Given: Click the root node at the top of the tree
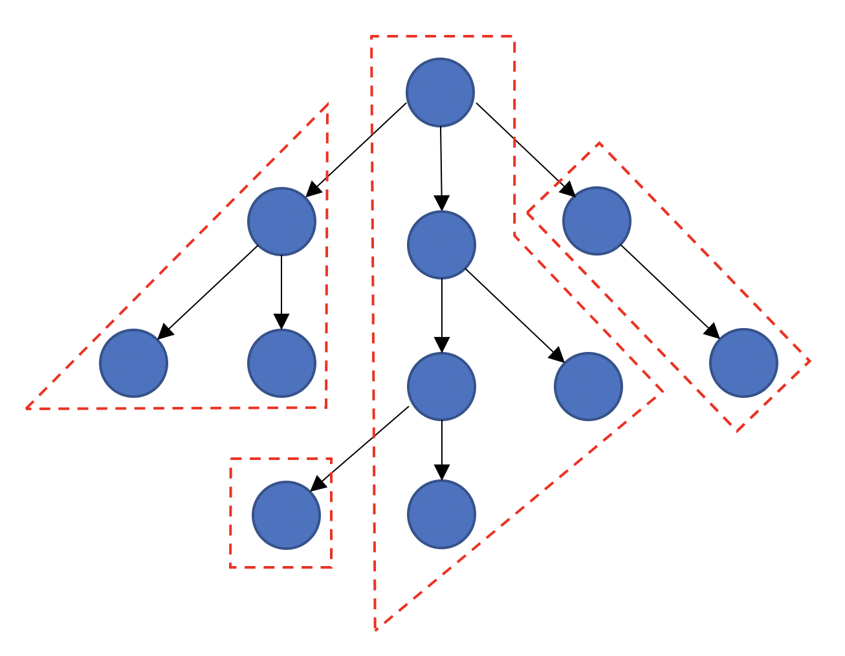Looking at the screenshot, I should click(440, 92).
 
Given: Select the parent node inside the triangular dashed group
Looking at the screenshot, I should click(281, 221).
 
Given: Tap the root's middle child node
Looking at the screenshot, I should click(441, 245).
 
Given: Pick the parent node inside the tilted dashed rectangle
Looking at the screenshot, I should click(597, 221).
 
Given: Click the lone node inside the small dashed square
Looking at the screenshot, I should click(286, 515).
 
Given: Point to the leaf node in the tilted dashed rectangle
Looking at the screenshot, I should click(743, 363).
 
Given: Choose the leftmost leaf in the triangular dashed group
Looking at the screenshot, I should click(133, 363).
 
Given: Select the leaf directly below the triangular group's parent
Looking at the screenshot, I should click(281, 363).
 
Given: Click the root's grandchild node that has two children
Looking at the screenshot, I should click(441, 386).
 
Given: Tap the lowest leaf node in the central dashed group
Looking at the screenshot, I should click(441, 514).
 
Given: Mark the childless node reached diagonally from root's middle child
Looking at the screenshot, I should click(588, 386).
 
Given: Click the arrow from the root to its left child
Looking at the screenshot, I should click(356, 149).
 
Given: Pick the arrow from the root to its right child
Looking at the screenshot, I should click(525, 149).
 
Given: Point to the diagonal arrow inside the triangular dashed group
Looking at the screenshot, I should click(208, 291).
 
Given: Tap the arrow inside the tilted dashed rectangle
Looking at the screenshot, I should click(670, 291).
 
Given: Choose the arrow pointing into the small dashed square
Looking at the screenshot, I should click(360, 448).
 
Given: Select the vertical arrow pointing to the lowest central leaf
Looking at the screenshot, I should click(441, 450).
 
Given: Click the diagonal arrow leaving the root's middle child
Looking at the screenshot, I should click(514, 315).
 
